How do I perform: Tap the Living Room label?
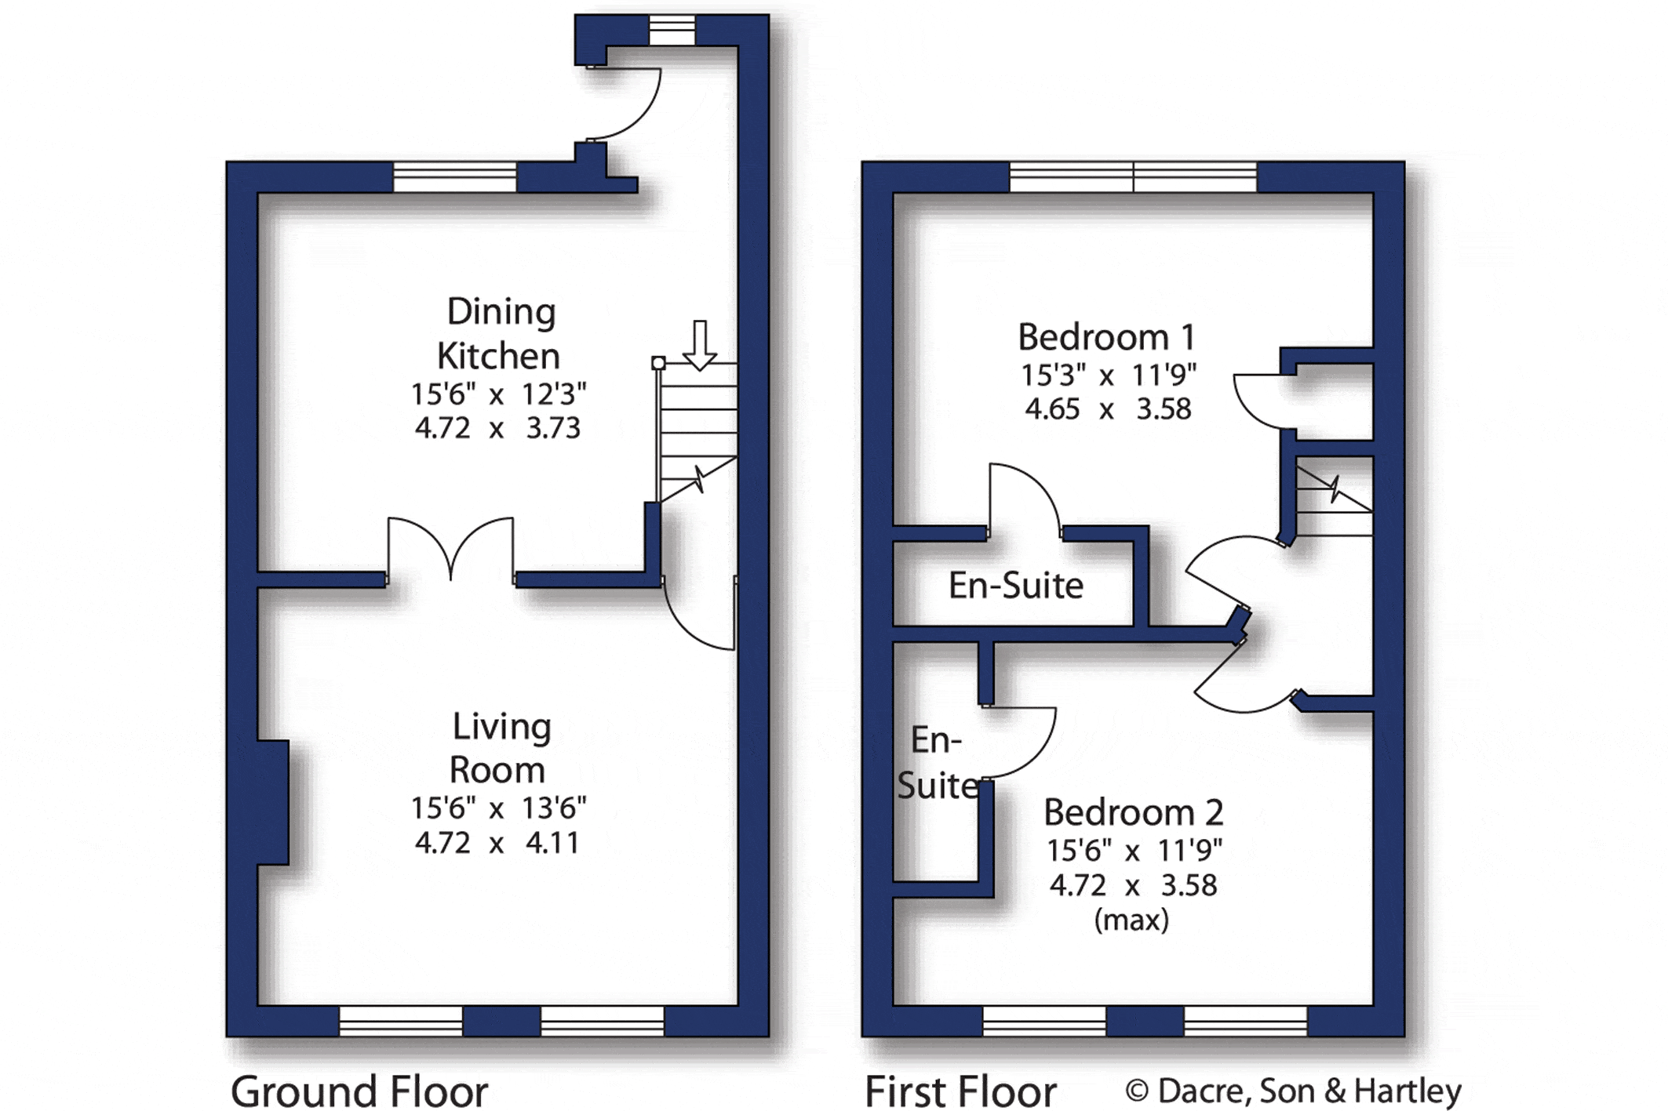[x=500, y=748]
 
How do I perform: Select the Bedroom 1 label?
[x=1107, y=337]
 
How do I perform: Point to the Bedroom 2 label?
[x=1133, y=812]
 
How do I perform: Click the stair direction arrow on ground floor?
[x=699, y=345]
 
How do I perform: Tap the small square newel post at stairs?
[x=658, y=363]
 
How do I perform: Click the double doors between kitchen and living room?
[x=450, y=549]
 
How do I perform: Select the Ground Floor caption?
[x=359, y=1091]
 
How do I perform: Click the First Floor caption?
[x=960, y=1091]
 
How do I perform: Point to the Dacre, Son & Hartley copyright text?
[x=1294, y=1091]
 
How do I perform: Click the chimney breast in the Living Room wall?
[x=273, y=802]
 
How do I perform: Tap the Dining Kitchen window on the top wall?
[x=455, y=176]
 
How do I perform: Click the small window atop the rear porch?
[x=672, y=31]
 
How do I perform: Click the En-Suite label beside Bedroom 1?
[x=1016, y=586]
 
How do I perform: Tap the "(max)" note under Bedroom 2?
[x=1131, y=919]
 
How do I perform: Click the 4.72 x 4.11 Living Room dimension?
[x=497, y=843]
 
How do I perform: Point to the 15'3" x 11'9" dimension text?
[x=1108, y=376]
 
